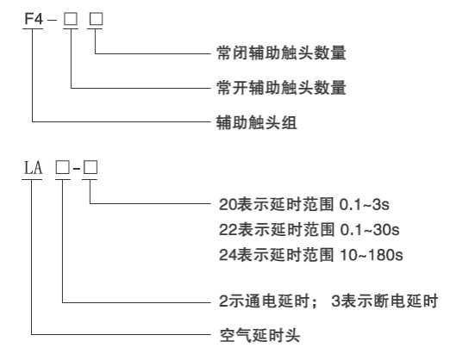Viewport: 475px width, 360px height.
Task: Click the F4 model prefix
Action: coord(34,19)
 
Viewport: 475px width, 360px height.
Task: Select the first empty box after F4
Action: coord(71,19)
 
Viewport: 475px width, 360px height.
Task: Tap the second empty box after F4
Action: coord(97,19)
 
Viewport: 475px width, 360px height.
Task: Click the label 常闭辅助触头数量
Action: coord(281,53)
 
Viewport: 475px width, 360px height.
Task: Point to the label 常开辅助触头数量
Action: coord(281,88)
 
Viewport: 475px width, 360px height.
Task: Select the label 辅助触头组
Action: coord(256,122)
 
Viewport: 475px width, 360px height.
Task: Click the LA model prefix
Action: coord(33,168)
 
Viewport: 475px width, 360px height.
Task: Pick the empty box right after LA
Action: coord(62,167)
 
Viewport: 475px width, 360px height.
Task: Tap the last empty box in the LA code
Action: coord(91,167)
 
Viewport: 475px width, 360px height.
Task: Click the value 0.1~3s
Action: coord(364,204)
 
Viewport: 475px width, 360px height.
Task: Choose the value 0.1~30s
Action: coord(370,230)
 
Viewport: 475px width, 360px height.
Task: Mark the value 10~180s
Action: coord(372,255)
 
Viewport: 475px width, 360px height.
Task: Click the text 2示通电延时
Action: coord(265,301)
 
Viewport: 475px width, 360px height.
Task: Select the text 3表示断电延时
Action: coord(384,301)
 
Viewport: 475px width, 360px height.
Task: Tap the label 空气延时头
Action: coord(259,335)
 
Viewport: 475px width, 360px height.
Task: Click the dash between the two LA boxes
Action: coord(77,168)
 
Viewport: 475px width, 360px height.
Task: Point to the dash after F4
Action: coord(52,20)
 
